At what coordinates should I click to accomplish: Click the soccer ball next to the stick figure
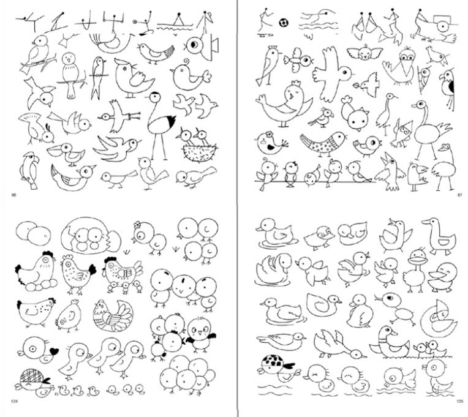[x=284, y=22]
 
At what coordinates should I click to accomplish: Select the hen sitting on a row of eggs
[x=36, y=272]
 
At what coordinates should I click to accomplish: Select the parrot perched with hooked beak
[x=27, y=167]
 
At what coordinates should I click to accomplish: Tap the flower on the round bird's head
[x=268, y=133]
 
